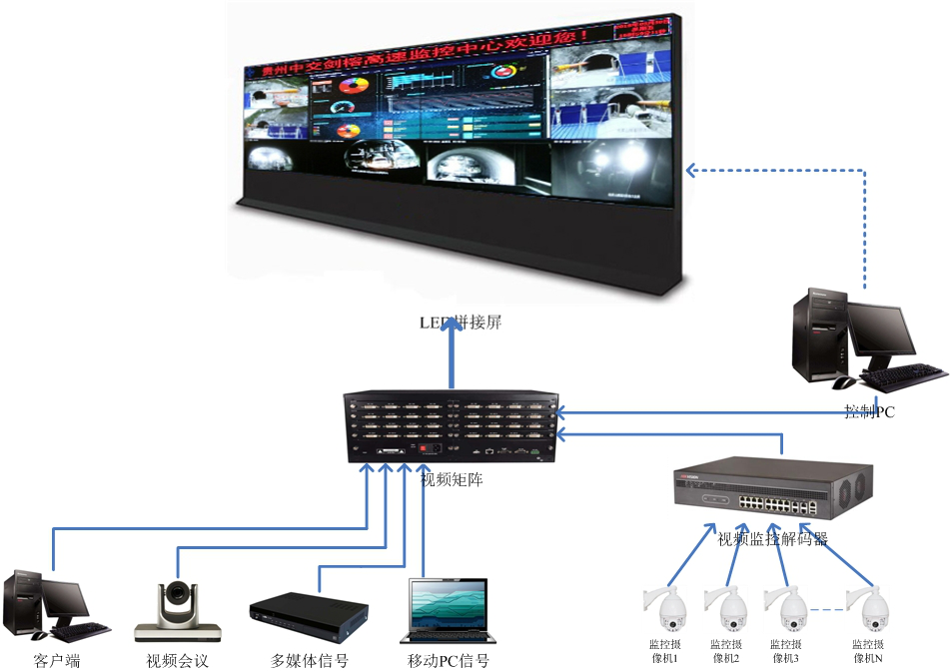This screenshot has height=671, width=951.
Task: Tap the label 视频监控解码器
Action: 773,539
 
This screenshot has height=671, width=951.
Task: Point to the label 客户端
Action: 56,660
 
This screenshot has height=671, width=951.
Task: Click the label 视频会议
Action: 178,660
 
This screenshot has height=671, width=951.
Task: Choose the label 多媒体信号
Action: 310,660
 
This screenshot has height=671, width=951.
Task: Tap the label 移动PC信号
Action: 449,660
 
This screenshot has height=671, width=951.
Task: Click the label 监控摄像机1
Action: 663,651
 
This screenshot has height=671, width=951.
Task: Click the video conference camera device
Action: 179,609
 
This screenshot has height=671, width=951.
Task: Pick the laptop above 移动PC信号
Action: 448,609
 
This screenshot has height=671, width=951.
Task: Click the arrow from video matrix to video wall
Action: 452,359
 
